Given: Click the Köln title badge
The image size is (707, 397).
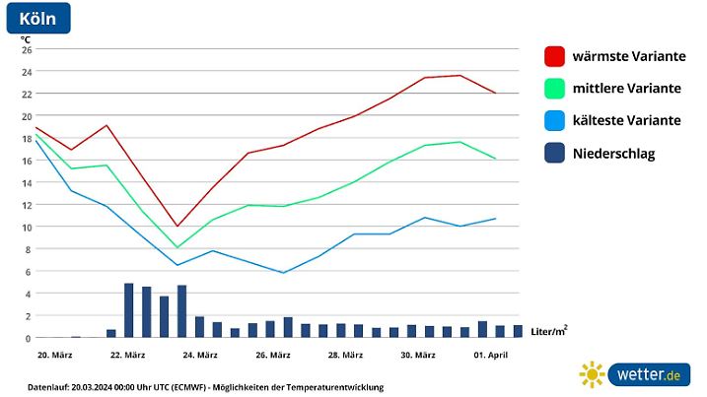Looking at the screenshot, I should coord(37,18).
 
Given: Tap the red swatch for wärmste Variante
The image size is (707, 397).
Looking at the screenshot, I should coord(554,56).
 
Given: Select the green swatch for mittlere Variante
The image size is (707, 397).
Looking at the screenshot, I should coord(554,89).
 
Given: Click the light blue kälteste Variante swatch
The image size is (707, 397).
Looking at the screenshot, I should coord(554,121).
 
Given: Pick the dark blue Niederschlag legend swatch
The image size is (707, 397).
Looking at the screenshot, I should coord(554,154).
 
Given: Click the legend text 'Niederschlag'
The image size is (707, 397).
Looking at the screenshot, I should coord(613,154).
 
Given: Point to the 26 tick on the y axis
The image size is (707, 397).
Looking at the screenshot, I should coord(27,49).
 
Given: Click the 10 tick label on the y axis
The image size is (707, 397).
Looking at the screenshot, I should coord(27,227).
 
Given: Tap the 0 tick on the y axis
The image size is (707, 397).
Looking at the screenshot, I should coord(29,338).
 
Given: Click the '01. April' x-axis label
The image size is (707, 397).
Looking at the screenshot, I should coord(489,355).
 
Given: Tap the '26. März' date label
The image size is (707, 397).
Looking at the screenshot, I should coord(272,355).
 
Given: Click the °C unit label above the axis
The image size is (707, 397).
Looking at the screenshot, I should coord(26,38).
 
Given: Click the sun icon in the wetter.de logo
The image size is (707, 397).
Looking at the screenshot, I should coord(592,374).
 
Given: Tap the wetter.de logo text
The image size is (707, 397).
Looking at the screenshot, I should coord(647,374).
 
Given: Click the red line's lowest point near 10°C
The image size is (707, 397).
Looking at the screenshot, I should coord(177,227).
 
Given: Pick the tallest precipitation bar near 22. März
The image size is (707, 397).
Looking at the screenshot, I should coord(128,310).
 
